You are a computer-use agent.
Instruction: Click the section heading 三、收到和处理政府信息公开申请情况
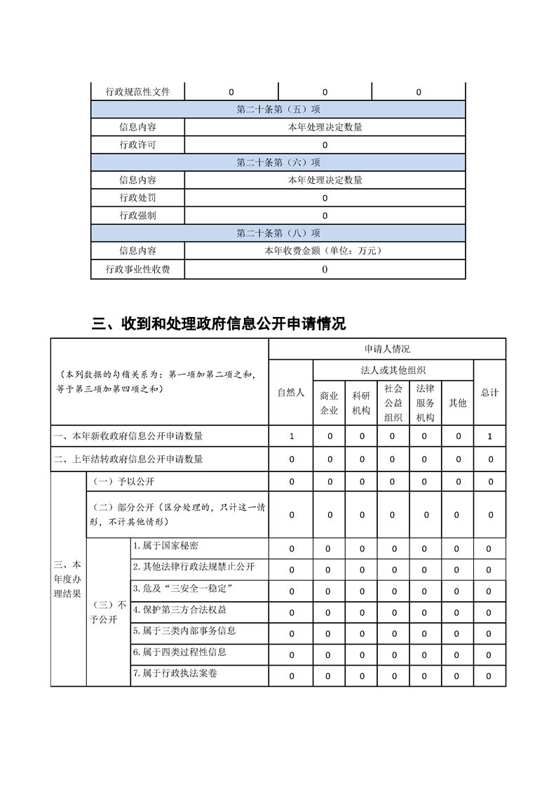coord(219,323)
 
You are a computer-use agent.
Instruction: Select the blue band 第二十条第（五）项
coord(278,109)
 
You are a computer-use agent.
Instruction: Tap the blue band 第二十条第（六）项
coord(278,163)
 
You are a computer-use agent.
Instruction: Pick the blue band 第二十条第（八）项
coord(278,234)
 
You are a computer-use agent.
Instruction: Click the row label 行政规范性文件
coord(137,92)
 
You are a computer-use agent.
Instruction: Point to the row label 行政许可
coord(137,145)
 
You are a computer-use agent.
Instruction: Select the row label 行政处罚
coord(137,198)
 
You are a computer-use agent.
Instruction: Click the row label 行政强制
coord(137,215)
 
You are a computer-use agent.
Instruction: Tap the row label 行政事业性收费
coord(137,269)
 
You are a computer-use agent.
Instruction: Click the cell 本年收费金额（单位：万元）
coord(325,250)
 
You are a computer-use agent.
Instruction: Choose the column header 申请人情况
coord(387,349)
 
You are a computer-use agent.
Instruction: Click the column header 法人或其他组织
coord(393,370)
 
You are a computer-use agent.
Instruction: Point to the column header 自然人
coord(291,393)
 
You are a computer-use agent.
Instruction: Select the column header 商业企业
coord(330,403)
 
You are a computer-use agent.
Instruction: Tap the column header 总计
coord(489,393)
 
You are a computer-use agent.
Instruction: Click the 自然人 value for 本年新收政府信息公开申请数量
coord(291,436)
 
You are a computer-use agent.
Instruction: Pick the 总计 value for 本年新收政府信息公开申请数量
coord(490,436)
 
